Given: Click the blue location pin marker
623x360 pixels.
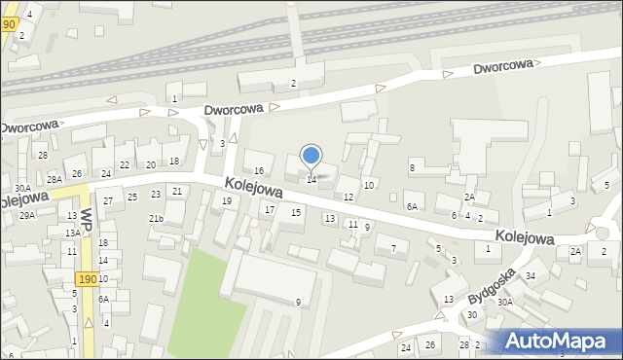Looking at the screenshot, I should (x=311, y=156).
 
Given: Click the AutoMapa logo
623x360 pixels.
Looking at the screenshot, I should (x=556, y=341).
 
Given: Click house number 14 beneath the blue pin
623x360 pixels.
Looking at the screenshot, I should (x=311, y=179).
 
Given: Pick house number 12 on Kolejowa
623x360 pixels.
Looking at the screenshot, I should (x=348, y=198).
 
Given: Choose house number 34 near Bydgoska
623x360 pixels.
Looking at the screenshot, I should (x=531, y=276).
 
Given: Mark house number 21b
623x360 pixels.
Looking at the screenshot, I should (x=156, y=219).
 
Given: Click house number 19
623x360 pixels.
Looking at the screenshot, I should (x=227, y=201).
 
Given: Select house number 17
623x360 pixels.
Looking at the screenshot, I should (x=270, y=210).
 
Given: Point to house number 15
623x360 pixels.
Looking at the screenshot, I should (x=296, y=212).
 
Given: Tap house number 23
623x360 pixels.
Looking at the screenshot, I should (x=156, y=195).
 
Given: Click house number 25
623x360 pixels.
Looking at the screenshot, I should (x=132, y=197).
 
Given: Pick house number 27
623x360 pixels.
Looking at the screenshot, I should (x=108, y=201).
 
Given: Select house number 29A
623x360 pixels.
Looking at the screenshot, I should (x=27, y=215).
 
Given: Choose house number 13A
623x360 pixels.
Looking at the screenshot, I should (x=72, y=234).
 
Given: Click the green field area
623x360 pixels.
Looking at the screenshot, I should (x=204, y=302).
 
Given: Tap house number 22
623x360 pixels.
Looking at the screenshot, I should (x=124, y=165).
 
